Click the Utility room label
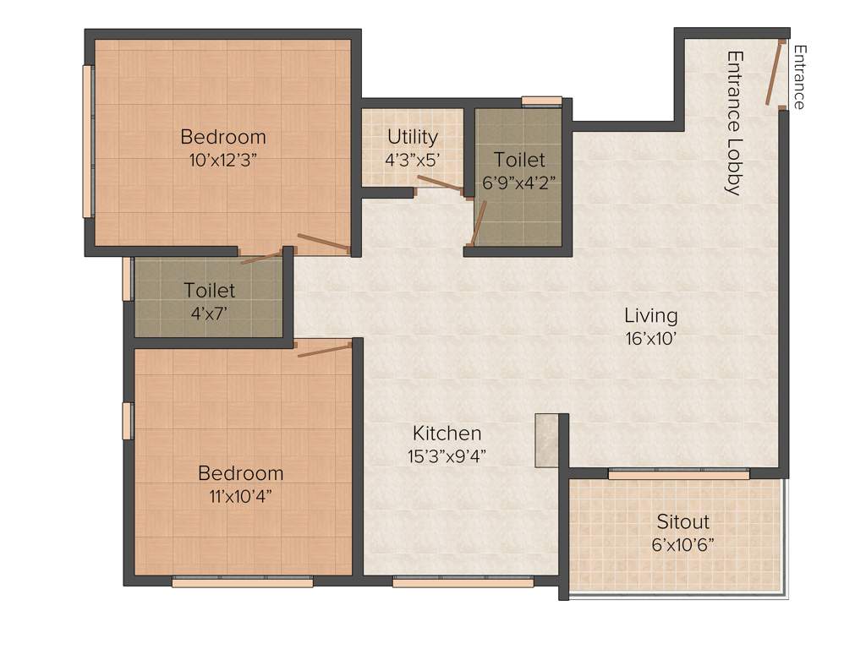click(413, 136)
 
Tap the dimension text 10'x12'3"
click(222, 161)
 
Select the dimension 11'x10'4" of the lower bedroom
click(240, 496)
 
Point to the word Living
click(650, 316)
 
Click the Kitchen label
click(447, 434)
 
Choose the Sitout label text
click(682, 521)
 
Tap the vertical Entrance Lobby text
click(734, 123)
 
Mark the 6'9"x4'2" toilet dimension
click(519, 181)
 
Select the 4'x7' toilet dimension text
click(209, 313)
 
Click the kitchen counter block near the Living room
click(546, 440)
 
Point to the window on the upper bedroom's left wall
click(86, 141)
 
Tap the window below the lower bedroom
click(242, 581)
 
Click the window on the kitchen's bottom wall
click(463, 581)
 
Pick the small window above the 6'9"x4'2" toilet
click(541, 101)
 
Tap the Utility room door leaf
click(440, 184)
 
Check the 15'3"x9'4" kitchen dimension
click(447, 456)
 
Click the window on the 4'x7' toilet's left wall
click(128, 278)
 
